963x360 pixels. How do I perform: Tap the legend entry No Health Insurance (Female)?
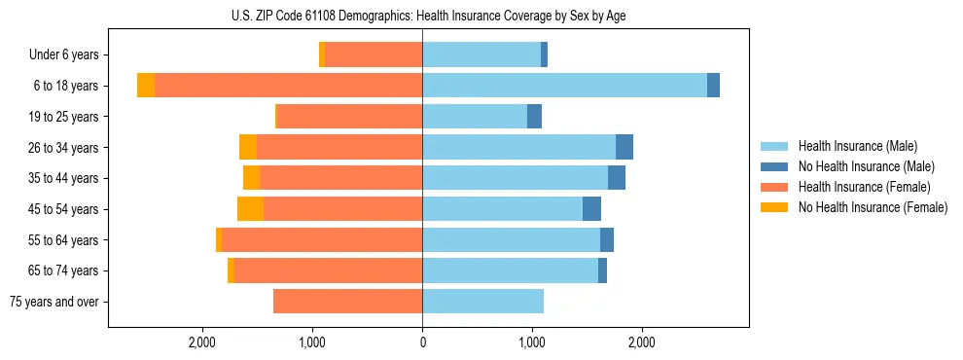pyautogui.click(x=873, y=207)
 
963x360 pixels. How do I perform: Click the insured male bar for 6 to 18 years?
pyautogui.click(x=564, y=86)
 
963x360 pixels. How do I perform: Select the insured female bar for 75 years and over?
pyautogui.click(x=347, y=302)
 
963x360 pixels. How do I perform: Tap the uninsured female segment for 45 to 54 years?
pyautogui.click(x=250, y=209)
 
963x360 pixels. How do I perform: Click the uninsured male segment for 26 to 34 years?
pyautogui.click(x=624, y=147)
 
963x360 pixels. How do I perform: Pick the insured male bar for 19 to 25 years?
pyautogui.click(x=475, y=117)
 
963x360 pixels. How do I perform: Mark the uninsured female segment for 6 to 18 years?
pyautogui.click(x=146, y=86)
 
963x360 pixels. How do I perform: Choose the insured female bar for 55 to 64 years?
pyautogui.click(x=321, y=240)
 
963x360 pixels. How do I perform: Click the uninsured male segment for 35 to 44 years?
pyautogui.click(x=617, y=178)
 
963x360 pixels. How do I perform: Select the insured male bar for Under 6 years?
pyautogui.click(x=481, y=55)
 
